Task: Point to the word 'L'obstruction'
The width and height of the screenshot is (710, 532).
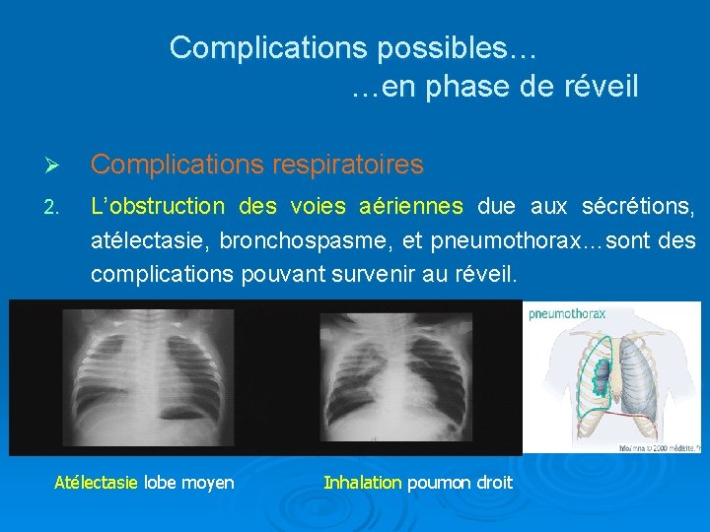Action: tap(158, 207)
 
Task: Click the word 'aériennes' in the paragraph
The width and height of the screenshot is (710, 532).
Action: tap(411, 207)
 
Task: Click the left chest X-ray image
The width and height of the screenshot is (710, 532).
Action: tap(153, 376)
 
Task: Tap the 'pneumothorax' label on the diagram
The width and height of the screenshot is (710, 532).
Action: tap(568, 314)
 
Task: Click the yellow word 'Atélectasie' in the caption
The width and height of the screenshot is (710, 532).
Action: tap(97, 483)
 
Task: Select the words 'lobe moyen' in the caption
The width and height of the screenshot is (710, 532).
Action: tap(189, 483)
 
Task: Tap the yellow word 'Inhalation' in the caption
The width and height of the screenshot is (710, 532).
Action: tap(362, 483)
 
